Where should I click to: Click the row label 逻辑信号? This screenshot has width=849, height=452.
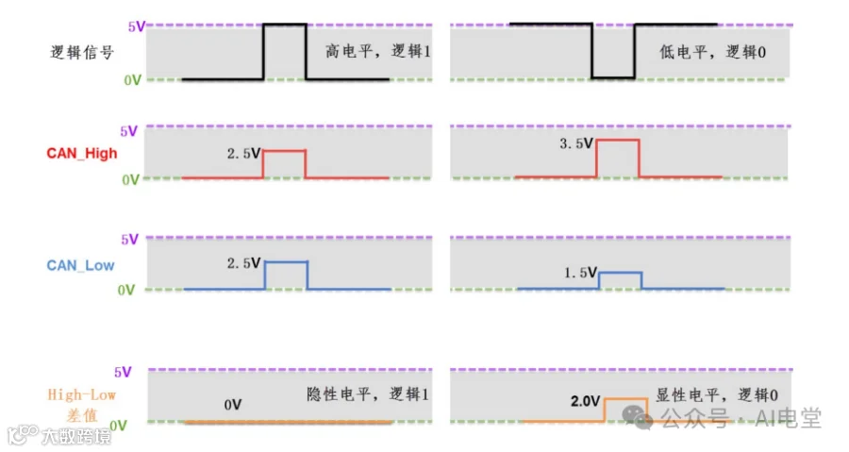(x=82, y=53)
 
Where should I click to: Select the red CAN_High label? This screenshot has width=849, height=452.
(x=82, y=153)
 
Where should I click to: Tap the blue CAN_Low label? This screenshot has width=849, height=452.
(x=80, y=265)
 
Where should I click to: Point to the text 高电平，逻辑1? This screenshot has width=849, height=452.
(x=378, y=51)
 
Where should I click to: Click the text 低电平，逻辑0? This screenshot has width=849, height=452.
(x=712, y=52)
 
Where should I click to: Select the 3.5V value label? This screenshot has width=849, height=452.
(x=576, y=143)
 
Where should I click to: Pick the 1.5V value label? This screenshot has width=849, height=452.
(x=580, y=273)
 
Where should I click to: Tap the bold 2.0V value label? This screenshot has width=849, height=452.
(x=585, y=401)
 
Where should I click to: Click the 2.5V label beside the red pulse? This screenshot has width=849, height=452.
(x=243, y=154)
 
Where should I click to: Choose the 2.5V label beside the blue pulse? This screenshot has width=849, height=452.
(x=243, y=263)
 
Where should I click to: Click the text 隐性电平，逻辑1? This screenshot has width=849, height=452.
(x=368, y=394)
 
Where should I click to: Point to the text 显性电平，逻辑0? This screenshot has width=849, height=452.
(x=717, y=395)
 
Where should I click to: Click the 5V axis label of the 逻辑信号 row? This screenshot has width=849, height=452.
(x=137, y=26)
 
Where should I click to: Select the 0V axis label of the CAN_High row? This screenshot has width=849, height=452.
(x=130, y=179)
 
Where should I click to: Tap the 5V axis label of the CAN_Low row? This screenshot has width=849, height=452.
(x=130, y=240)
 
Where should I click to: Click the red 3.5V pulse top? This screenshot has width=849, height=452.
(x=618, y=141)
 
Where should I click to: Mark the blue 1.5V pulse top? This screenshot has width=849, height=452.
(x=621, y=273)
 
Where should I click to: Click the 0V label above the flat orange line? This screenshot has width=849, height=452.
(x=233, y=405)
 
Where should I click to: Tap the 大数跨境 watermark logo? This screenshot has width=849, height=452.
(x=59, y=435)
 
